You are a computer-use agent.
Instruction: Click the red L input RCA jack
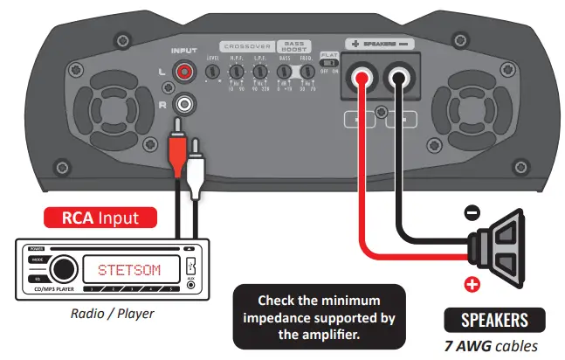pyautogui.click(x=183, y=75)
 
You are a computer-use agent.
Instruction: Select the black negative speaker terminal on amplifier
pyautogui.click(x=398, y=79)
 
